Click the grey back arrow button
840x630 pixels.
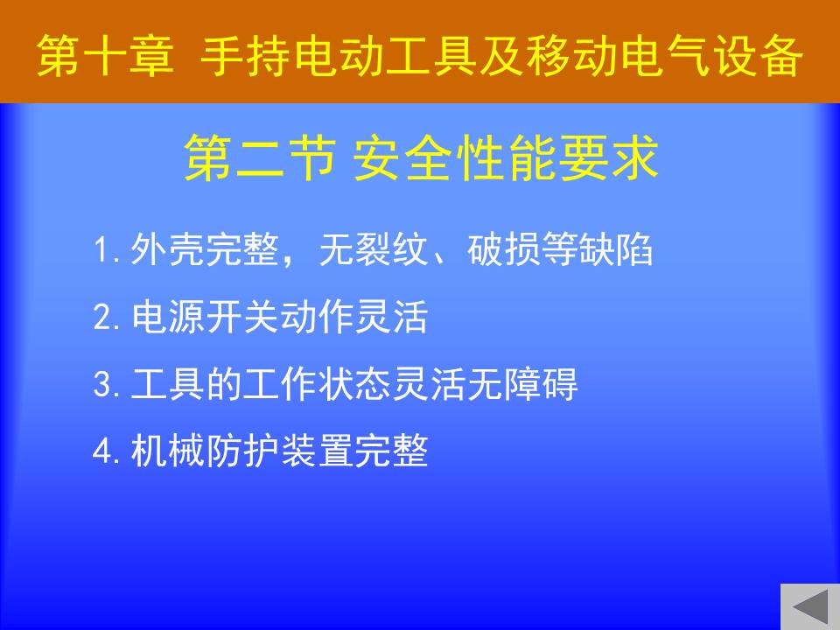coord(810,607)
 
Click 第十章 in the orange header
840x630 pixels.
coord(106,56)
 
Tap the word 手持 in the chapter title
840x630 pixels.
coord(247,56)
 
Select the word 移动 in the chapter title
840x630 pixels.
coord(571,56)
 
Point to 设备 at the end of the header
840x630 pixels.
coord(758,56)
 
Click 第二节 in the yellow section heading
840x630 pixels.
coord(261,157)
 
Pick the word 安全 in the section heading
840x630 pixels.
coord(403,157)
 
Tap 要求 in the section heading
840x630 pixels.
coord(608,157)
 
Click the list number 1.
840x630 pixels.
coord(105,249)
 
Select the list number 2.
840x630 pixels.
coord(106,317)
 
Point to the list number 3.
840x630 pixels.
coord(106,383)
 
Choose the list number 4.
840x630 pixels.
coord(106,451)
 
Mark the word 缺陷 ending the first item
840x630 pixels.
coord(615,249)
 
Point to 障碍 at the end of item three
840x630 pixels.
coord(541,383)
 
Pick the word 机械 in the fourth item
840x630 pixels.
coord(168,451)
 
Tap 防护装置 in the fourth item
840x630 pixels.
coord(279,451)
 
